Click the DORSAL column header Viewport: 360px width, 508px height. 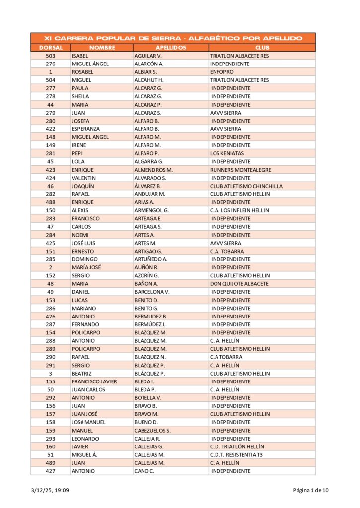[x=50, y=48]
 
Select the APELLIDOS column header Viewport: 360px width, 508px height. [x=171, y=48]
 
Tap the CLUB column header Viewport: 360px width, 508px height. [x=262, y=48]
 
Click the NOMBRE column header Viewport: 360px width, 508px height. [x=101, y=48]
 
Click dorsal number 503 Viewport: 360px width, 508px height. [x=50, y=56]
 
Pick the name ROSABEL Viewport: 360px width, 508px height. [x=82, y=72]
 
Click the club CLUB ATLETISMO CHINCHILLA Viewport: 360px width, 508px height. [x=246, y=186]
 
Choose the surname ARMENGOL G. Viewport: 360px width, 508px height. [x=151, y=210]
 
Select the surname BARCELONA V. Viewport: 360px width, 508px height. [x=152, y=292]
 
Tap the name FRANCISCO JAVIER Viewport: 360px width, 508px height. [x=94, y=381]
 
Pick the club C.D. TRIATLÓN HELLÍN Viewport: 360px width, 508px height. [x=237, y=446]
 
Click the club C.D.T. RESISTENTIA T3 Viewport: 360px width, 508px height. [x=236, y=455]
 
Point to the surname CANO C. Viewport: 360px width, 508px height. [x=144, y=471]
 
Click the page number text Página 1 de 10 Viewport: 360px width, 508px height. [x=310, y=491]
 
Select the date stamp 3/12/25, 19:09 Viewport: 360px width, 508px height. [x=50, y=491]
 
